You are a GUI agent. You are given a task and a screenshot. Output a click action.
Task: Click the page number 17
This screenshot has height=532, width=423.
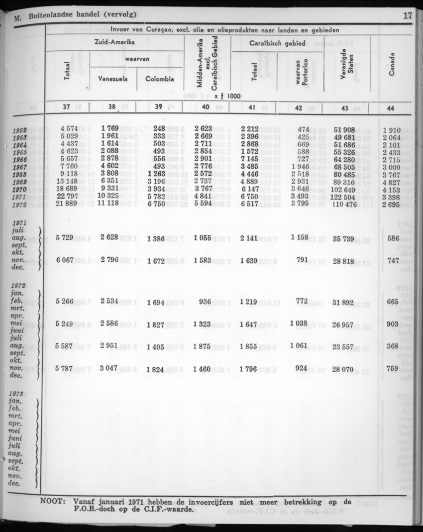point(407,15)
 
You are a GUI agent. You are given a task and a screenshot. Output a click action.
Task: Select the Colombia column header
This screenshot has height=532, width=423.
point(159,79)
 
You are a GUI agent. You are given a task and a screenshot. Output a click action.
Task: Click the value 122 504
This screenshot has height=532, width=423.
point(344,198)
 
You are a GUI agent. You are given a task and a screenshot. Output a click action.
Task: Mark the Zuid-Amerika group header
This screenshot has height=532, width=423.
point(114,43)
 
